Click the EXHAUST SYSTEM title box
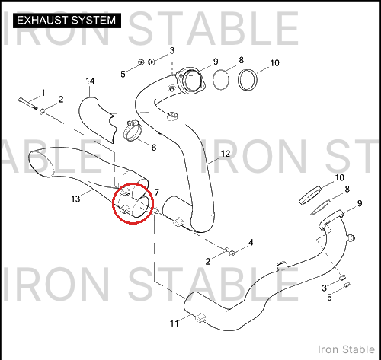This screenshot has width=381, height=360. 67,21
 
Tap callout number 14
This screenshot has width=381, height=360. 90,81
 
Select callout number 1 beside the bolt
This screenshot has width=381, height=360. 43,93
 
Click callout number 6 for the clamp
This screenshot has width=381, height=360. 154,148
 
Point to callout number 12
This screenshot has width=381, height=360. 226,154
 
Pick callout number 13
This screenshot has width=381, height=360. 75,199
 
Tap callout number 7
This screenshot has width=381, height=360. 156,193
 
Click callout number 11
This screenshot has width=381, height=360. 174,323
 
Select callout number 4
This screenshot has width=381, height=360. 251,242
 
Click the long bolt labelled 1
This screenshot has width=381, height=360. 28,104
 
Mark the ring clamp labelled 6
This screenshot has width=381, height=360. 132,131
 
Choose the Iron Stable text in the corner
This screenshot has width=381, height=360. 346,349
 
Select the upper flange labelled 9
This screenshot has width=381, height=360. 191,80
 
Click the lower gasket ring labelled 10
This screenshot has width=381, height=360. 310,195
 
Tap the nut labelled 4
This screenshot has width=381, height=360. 232,253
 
